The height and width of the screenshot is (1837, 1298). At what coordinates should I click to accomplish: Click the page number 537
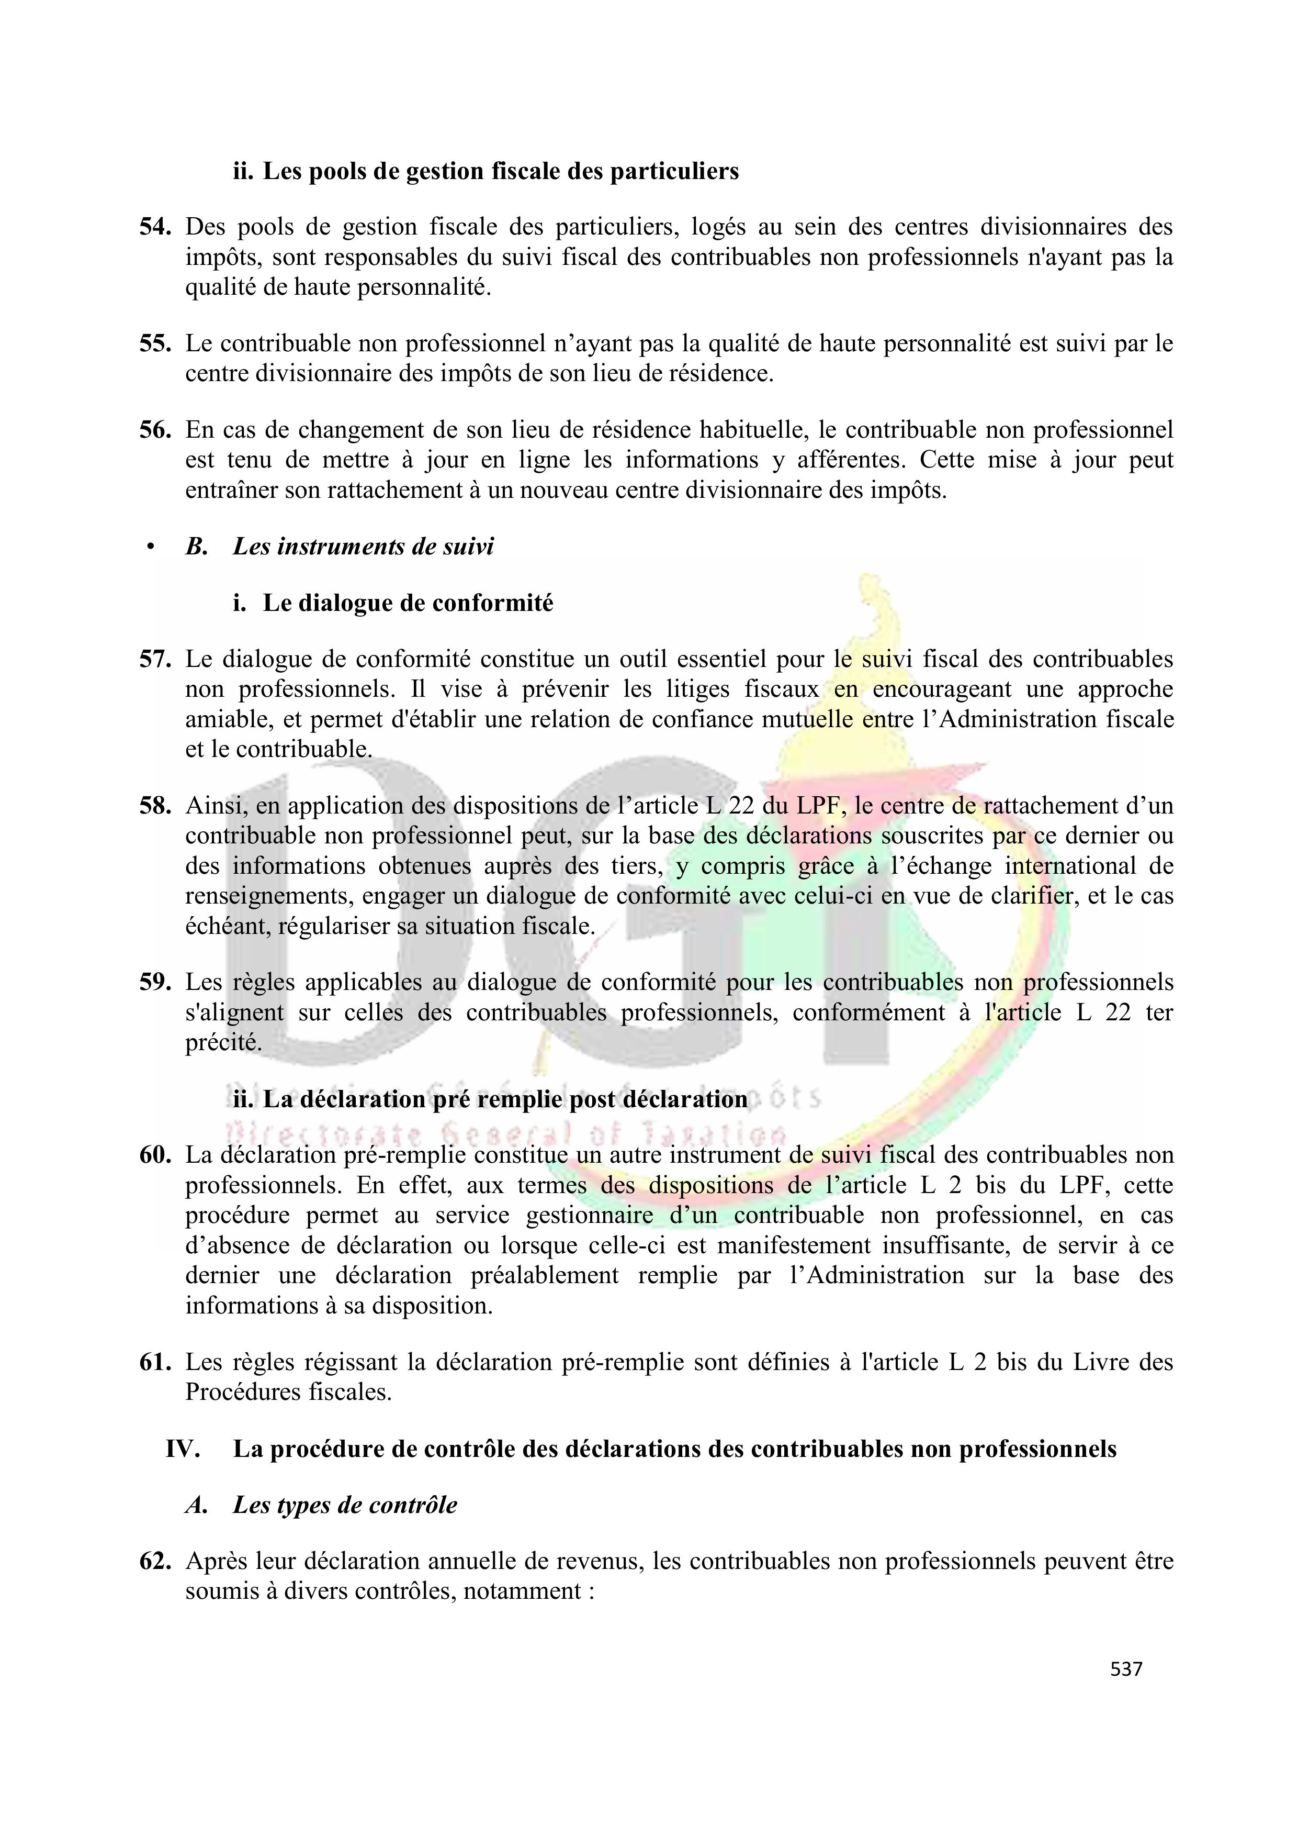(1126, 1669)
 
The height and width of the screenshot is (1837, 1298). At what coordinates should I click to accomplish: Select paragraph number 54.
(155, 227)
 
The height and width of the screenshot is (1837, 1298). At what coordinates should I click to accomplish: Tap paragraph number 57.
(155, 659)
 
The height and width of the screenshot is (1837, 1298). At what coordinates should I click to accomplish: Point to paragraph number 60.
(155, 1155)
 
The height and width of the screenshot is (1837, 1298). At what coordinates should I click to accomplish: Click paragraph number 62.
(155, 1561)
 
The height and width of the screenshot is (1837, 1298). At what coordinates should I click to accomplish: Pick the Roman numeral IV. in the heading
(183, 1449)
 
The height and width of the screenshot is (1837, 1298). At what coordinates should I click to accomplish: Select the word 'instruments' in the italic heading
(325, 547)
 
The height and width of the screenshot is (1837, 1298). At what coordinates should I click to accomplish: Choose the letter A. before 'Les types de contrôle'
(197, 1505)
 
